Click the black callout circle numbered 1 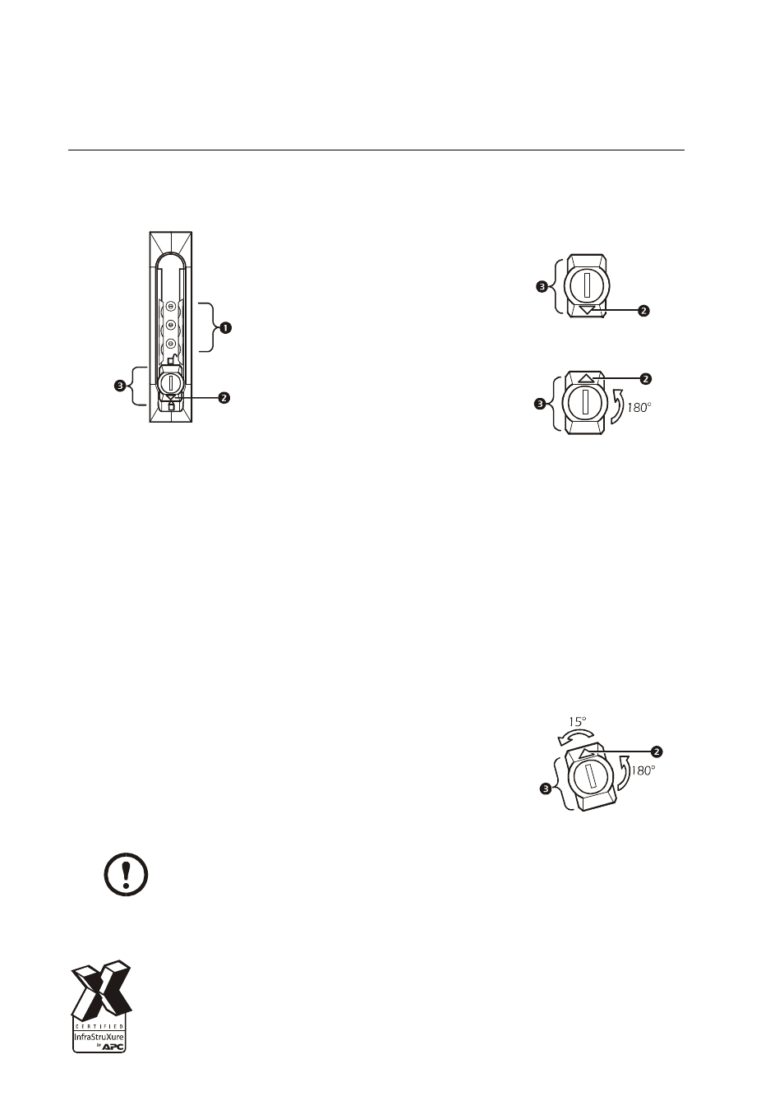(225, 327)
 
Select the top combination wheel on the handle (170, 307)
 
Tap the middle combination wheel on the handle (170, 325)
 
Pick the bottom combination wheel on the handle (170, 342)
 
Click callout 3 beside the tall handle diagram (119, 386)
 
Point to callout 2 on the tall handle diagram (224, 397)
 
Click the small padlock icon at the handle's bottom (172, 406)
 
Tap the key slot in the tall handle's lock (171, 382)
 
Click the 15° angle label (577, 721)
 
